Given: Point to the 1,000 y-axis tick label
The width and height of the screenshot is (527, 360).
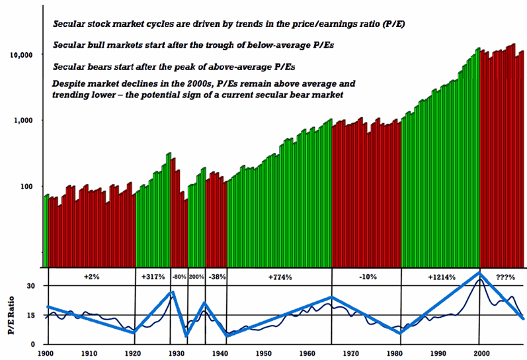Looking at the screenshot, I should pyautogui.click(x=32, y=120).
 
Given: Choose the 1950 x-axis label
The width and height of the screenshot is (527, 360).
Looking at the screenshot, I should pyautogui.click(x=263, y=354).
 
